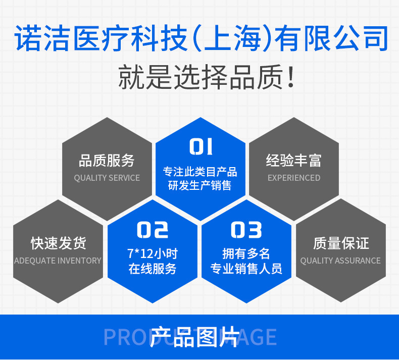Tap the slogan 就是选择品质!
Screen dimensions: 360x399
click(206, 77)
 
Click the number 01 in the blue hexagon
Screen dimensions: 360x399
click(201, 147)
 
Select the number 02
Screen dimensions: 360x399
click(153, 230)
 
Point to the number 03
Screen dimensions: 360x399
click(246, 230)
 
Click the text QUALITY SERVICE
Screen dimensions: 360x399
click(107, 178)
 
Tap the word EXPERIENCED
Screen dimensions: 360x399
click(294, 178)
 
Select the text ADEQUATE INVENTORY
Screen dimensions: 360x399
click(58, 261)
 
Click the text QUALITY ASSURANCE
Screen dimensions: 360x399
click(340, 261)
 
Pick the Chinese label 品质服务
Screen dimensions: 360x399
click(107, 161)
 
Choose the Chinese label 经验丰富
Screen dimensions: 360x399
click(294, 161)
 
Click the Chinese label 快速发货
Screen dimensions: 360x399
click(58, 243)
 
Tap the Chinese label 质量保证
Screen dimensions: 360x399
click(341, 243)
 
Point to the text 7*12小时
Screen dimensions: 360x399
click(153, 253)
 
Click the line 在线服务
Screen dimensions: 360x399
click(153, 269)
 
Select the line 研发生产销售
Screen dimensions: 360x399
click(200, 186)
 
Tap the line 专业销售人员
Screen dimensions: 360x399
click(246, 269)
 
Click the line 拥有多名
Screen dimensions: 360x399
click(246, 253)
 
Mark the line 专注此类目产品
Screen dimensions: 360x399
click(200, 172)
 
